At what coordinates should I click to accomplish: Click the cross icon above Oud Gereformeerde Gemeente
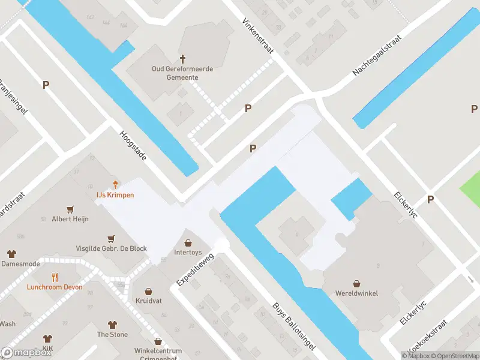[183, 59]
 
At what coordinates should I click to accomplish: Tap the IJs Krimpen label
[115, 195]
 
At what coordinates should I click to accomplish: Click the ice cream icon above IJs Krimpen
[115, 184]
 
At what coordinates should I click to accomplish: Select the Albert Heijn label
[70, 219]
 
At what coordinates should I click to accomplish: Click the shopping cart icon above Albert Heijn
[71, 209]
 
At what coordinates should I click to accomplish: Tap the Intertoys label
[188, 253]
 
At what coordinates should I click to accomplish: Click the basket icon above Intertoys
[188, 242]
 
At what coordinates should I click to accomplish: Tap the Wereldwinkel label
[356, 293]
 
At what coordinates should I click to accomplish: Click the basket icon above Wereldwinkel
[357, 283]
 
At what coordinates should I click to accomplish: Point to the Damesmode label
[21, 263]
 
